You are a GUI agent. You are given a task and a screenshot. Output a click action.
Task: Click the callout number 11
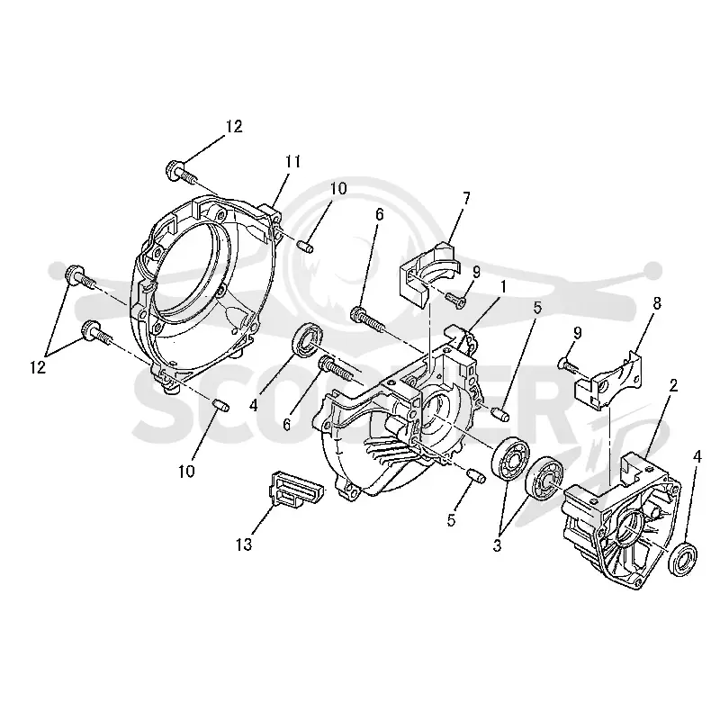pyautogui.click(x=292, y=162)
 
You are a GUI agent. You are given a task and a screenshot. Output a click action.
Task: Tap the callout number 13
pyautogui.click(x=244, y=544)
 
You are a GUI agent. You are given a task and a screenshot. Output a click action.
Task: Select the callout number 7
pyautogui.click(x=466, y=198)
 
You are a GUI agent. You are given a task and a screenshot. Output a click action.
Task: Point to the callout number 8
pyautogui.click(x=657, y=303)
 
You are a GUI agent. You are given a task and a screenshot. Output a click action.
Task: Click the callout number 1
pyautogui.click(x=503, y=287)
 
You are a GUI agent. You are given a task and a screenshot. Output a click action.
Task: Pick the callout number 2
pyautogui.click(x=673, y=386)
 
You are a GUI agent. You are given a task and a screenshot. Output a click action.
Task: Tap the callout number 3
pyautogui.click(x=497, y=546)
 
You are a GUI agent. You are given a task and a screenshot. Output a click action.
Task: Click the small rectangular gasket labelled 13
pyautogui.click(x=296, y=489)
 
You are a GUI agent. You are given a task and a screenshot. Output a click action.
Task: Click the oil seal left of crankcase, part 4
pyautogui.click(x=305, y=340)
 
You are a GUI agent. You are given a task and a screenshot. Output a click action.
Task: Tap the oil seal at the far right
pyautogui.click(x=684, y=559)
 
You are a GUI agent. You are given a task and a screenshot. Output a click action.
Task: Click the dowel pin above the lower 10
pyautogui.click(x=220, y=406)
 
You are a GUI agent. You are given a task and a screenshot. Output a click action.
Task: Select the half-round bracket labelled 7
pyautogui.click(x=427, y=274)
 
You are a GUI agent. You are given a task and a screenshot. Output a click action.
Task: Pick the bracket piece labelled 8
pyautogui.click(x=607, y=380)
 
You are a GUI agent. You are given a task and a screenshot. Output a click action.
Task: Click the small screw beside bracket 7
pyautogui.click(x=456, y=299)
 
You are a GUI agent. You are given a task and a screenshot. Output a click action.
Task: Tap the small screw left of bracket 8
pyautogui.click(x=570, y=366)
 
